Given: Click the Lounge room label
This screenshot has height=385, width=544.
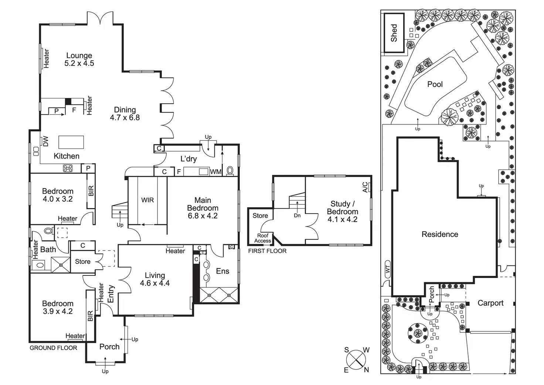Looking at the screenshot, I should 79,56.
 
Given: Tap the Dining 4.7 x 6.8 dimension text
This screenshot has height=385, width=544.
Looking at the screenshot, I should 125,118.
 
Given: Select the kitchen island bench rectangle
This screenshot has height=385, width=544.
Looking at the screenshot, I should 71,142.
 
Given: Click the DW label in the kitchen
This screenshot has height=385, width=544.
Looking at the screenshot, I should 46,141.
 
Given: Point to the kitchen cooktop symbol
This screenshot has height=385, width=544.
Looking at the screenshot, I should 68,168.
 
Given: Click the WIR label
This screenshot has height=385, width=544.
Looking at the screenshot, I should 147,200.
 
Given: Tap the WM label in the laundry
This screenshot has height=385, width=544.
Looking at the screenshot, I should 215,172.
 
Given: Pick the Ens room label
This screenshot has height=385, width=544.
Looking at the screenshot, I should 222,271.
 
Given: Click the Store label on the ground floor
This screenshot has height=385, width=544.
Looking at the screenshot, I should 83,261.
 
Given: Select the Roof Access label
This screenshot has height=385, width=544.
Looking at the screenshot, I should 263,238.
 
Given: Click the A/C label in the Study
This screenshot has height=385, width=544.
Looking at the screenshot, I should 365,187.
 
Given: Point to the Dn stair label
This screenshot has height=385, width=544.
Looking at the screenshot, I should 297,215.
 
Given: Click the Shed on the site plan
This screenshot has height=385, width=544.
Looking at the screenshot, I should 394,33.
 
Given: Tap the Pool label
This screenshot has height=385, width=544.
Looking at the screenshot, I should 435,84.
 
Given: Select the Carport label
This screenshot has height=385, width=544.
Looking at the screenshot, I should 490,303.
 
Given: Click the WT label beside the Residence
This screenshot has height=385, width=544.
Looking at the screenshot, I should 388,269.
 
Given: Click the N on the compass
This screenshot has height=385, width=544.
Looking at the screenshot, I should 366,369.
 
